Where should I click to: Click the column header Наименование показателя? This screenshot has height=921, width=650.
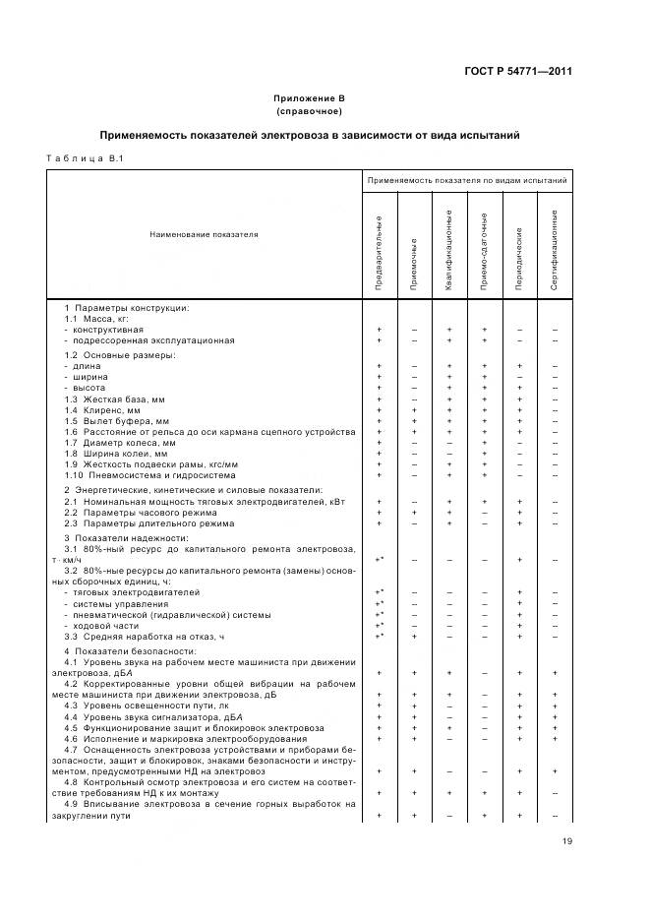(x=204, y=235)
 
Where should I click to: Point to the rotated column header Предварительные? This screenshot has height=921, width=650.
(x=380, y=252)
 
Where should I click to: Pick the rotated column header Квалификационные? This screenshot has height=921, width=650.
(x=448, y=249)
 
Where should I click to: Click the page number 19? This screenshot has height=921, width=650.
(x=567, y=840)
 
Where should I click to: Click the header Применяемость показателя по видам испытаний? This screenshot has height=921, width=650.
(x=467, y=182)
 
